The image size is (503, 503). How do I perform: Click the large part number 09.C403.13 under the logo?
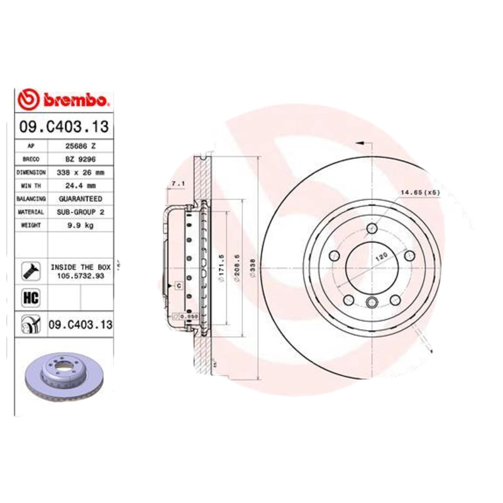click(64, 127)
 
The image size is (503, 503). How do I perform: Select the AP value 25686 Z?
click(80, 146)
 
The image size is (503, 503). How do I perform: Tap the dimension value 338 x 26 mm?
click(80, 172)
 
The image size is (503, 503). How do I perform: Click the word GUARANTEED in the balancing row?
click(80, 199)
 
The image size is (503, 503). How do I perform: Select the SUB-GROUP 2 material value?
click(80, 213)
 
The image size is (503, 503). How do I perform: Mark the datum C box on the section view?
click(178, 286)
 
